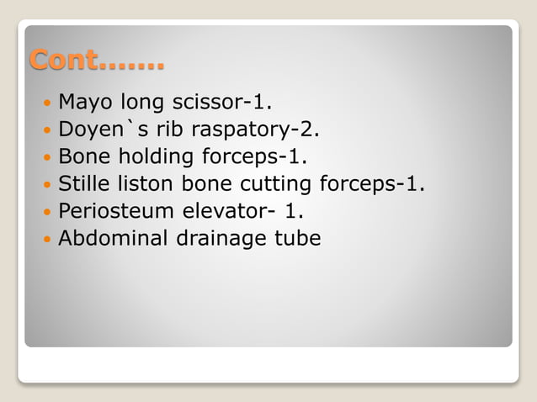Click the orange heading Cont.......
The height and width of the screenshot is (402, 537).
tap(97, 61)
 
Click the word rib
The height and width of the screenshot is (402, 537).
tap(165, 130)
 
